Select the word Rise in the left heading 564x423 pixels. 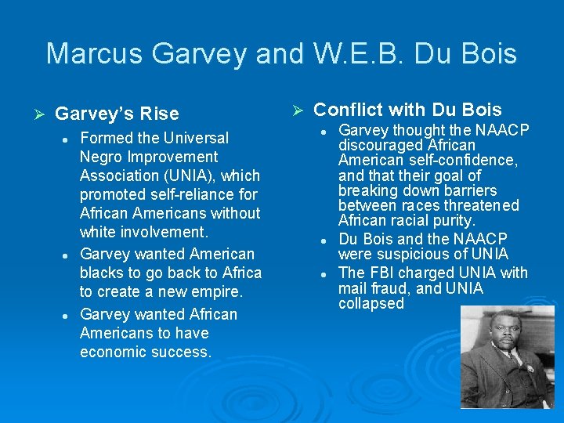[x=161, y=114]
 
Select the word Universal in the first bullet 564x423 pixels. [x=196, y=138]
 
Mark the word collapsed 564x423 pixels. [x=371, y=304]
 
